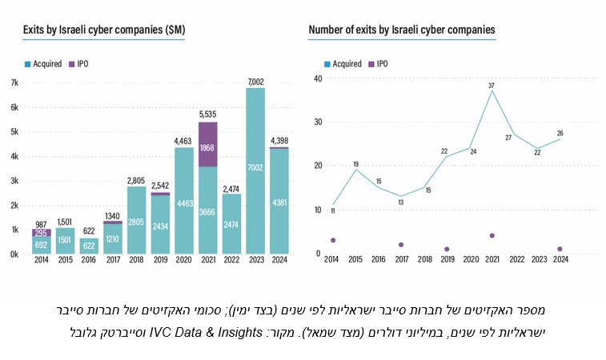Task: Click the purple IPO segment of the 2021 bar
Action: click(207, 144)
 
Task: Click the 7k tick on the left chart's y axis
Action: click(14, 82)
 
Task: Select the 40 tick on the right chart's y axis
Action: click(317, 78)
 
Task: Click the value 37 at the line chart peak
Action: click(492, 85)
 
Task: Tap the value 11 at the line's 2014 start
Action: click(332, 211)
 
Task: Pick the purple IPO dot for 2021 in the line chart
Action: click(492, 236)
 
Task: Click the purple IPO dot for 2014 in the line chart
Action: click(332, 240)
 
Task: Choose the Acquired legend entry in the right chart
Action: click(342, 63)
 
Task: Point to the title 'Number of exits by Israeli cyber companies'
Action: click(401, 30)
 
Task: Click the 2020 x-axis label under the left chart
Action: click(184, 260)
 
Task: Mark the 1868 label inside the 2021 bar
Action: click(207, 148)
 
